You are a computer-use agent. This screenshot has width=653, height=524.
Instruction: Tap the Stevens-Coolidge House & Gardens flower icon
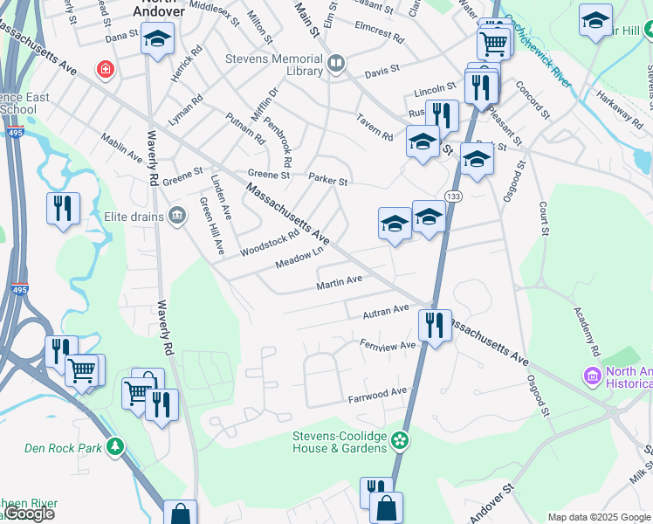pos(400,440)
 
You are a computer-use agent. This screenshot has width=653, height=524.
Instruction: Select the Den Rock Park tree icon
pos(114,447)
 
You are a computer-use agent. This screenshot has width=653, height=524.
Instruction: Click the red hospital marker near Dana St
pos(105,67)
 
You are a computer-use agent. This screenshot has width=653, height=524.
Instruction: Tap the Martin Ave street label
pos(339,281)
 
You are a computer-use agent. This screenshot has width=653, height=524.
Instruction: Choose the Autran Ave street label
pos(387,309)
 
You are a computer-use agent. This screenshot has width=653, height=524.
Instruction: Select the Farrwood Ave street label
pos(378,393)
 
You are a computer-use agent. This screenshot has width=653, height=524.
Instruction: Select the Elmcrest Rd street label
pos(378,38)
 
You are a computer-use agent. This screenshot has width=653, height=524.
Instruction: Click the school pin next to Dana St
pos(158,39)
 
